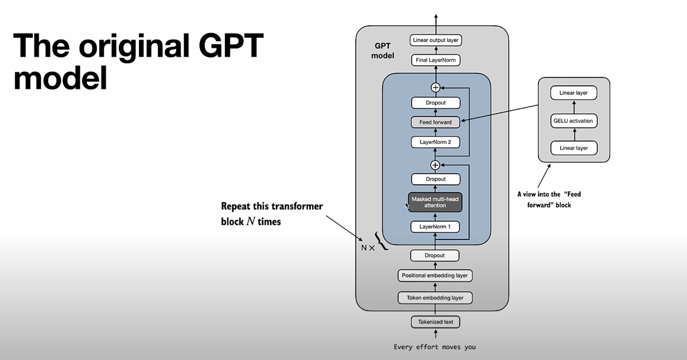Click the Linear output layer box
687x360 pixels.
[436, 40]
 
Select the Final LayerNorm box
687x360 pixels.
[436, 60]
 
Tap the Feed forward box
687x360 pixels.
[435, 122]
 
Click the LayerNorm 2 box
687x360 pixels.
[435, 142]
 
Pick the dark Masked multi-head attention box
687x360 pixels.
[435, 202]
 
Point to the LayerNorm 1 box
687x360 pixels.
[435, 227]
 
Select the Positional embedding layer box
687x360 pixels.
[435, 275]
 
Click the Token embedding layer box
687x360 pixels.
[435, 298]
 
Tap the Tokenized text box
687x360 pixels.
[435, 322]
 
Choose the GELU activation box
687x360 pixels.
[573, 121]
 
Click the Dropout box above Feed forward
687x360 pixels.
[435, 103]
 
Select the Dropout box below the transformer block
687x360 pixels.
[434, 255]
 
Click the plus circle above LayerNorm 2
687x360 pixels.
[435, 165]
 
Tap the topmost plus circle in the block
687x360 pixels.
[435, 87]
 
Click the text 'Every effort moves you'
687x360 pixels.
[434, 347]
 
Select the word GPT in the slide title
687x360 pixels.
[230, 45]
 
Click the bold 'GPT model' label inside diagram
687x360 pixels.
[383, 51]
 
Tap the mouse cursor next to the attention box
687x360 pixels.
[407, 206]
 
